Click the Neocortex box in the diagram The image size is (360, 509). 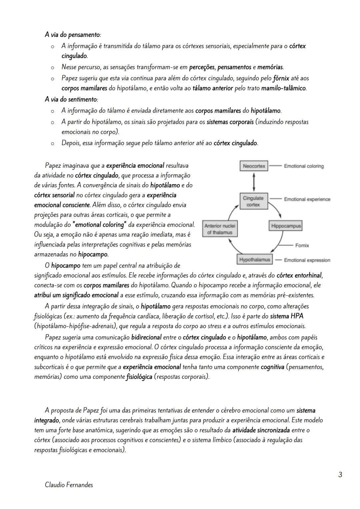(x=254, y=166)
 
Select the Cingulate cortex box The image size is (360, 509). (x=253, y=201)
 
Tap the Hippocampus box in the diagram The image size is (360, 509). (x=286, y=226)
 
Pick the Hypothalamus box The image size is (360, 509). (x=255, y=260)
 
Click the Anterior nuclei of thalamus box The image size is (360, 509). (x=220, y=229)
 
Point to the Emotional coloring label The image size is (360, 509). (x=304, y=166)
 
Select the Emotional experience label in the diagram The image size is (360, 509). (x=307, y=199)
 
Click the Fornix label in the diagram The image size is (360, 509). (x=302, y=245)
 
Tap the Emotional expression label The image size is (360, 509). (x=307, y=260)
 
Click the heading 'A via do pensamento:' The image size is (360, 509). (x=73, y=35)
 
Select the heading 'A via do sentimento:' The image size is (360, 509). (x=71, y=99)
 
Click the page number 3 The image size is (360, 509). (x=340, y=474)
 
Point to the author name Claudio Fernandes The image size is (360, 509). (x=69, y=485)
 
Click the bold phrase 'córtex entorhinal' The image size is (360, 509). (x=299, y=275)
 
